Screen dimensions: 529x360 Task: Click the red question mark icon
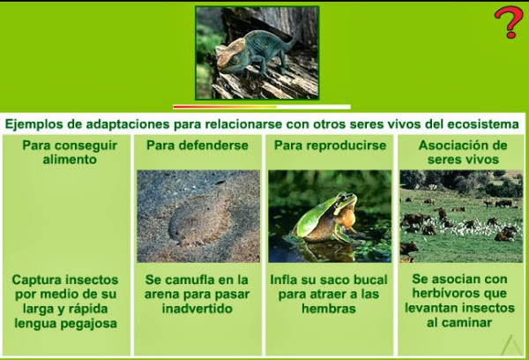tap(509, 22)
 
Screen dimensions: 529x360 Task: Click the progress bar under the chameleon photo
tap(262, 107)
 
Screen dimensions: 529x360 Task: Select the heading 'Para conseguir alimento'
tap(70, 153)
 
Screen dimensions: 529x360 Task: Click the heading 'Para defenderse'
tap(197, 146)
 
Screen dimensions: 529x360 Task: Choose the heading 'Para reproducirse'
tap(330, 146)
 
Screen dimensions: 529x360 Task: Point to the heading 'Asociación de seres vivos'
tap(463, 153)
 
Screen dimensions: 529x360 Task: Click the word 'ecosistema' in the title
tap(483, 124)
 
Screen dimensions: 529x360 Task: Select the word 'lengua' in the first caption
tap(36, 324)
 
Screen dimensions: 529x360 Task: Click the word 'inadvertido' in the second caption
tap(197, 309)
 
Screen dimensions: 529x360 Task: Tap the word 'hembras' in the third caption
tap(329, 309)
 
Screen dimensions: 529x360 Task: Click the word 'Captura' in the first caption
tap(36, 280)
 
